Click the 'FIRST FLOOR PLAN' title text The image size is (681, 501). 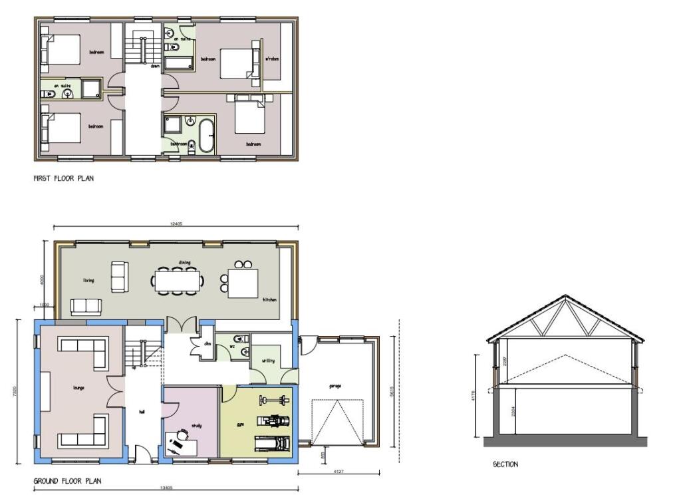point(63,178)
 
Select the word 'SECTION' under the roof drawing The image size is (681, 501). point(505,464)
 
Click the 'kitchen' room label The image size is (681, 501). point(269,299)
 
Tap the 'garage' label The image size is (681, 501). point(334,386)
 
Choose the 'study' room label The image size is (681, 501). point(196,426)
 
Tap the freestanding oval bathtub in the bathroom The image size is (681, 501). point(205,134)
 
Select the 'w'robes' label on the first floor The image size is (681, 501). point(272,59)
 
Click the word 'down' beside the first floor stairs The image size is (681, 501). point(155,67)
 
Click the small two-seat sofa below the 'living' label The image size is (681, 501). point(86,306)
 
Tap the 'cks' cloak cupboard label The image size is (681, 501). point(207,343)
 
